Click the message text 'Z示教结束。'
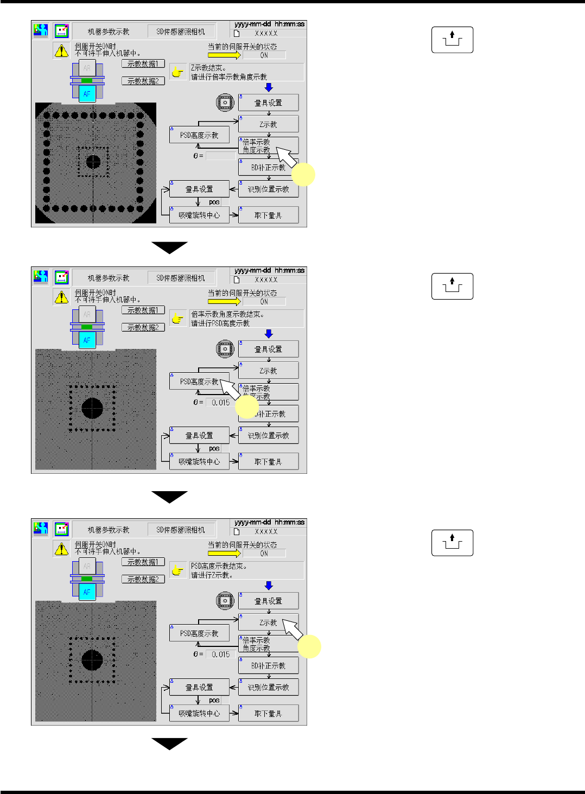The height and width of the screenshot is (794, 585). coord(208,68)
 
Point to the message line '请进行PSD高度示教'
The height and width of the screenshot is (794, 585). coord(220,323)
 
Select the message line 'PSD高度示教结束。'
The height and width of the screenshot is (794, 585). coord(219,566)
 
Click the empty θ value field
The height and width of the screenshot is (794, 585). coord(221,156)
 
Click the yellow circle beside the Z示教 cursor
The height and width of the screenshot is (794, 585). coord(309,646)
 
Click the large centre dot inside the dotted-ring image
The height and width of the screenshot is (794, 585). coord(93,162)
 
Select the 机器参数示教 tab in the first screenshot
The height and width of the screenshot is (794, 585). coord(109,31)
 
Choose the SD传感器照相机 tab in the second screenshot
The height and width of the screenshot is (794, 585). coord(181,278)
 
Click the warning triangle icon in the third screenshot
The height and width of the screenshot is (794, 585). coord(61,549)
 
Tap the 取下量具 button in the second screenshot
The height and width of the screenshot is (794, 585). coord(268,462)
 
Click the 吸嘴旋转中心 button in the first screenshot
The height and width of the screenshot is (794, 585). coord(199,215)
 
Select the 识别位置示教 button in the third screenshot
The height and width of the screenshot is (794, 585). coord(268,687)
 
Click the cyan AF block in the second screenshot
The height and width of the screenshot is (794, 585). coord(87,340)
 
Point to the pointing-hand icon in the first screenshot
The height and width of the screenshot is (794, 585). coord(177,72)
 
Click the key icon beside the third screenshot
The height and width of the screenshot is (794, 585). coord(452,543)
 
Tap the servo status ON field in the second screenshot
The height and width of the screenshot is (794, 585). coord(264,302)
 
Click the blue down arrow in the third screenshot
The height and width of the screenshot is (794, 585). coord(269,586)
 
